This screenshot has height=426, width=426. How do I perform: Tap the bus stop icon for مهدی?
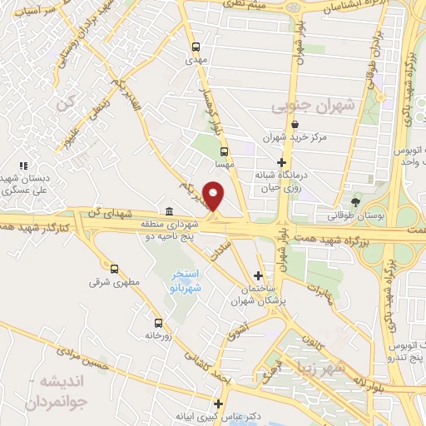[196, 47]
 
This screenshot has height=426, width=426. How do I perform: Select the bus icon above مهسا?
[224, 151]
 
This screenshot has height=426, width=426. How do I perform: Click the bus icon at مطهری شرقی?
[115, 268]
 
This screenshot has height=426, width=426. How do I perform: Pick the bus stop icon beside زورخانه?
[157, 322]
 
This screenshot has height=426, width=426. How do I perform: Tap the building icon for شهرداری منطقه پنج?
[170, 211]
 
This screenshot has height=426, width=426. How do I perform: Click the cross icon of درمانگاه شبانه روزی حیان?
[282, 162]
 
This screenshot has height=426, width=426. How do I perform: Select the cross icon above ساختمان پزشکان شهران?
[259, 275]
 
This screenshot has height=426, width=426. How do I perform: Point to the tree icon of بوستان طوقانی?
[357, 202]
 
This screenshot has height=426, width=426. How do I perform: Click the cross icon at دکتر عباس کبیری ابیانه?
[219, 404]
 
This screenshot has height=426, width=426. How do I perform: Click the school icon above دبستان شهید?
[25, 165]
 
